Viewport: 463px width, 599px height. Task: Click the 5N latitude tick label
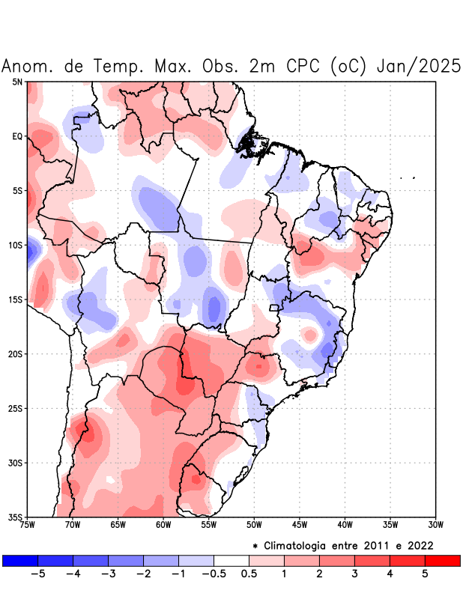(17, 82)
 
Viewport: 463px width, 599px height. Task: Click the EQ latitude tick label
(17, 136)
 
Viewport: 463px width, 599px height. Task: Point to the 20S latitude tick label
(16, 354)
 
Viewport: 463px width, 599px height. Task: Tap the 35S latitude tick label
(16, 517)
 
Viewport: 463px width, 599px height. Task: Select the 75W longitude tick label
(28, 525)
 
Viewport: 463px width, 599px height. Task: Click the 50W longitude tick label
(254, 525)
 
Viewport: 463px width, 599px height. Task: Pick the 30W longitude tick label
(435, 525)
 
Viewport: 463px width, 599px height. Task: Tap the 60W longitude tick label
(163, 525)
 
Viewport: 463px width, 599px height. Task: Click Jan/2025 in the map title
(417, 66)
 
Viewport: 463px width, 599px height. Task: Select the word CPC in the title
(304, 66)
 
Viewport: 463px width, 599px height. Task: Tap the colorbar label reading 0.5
(249, 574)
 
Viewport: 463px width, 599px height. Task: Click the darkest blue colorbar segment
(20, 560)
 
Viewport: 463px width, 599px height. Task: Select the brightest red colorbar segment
(442, 560)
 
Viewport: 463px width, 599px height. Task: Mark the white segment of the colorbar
(231, 560)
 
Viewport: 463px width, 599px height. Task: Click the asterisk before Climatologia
(255, 546)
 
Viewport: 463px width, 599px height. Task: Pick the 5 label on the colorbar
(425, 574)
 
